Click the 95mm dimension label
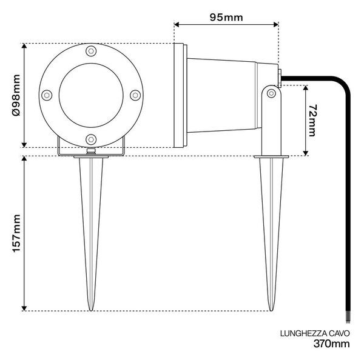tap(226, 18)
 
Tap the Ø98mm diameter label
tap(16, 95)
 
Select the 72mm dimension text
tap(312, 121)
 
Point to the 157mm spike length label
tap(16, 233)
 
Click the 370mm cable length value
tap(331, 344)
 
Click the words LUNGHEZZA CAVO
tap(315, 333)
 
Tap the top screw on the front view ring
tap(91, 51)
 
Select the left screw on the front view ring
tap(47, 95)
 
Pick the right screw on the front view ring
tap(135, 95)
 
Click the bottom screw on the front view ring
tap(91, 139)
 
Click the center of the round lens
tap(91, 95)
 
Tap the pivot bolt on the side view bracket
tap(271, 93)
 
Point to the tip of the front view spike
tap(91, 310)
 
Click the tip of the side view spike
tap(271, 310)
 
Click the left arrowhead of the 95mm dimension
tap(177, 24)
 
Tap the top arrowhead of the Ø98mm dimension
tap(24, 45)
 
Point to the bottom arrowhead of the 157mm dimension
tap(24, 308)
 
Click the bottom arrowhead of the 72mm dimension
tap(306, 153)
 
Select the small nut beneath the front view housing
tap(91, 152)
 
